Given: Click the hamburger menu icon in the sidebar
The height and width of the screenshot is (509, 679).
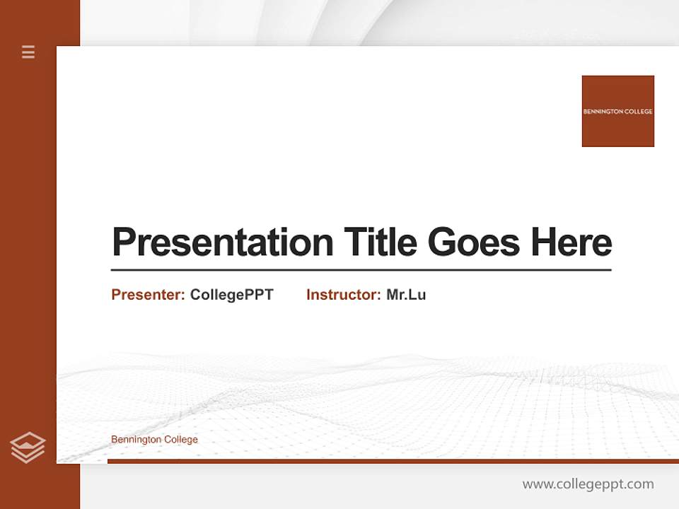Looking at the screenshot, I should pos(28,52).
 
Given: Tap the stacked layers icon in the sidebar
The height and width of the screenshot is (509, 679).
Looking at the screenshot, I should pos(28,447).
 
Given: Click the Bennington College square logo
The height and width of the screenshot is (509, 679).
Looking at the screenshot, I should pos(617,111).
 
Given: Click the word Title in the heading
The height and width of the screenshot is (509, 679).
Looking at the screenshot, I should pos(381,242).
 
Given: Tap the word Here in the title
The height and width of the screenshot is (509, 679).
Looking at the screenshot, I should pos(571,242).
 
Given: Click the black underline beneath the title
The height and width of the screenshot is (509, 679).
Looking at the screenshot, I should pos(361,270).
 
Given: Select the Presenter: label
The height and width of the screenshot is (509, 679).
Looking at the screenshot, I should pos(148,295).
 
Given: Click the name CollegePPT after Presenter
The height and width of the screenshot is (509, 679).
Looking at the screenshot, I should pos(231,295).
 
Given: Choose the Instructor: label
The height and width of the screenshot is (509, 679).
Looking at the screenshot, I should pos(343,295).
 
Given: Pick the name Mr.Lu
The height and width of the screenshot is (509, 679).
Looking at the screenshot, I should pos(406,295).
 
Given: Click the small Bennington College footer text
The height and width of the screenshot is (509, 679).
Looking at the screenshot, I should pos(154,440).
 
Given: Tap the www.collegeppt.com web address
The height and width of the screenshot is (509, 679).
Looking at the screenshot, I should pos(588,484).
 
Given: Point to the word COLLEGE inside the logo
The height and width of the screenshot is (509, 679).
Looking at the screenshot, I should pos(637,112).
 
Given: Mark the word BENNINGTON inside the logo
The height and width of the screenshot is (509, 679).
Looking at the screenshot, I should pos(601,112).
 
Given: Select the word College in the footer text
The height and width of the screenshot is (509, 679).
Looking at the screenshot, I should pos(181,440).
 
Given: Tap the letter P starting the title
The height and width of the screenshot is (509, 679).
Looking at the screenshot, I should pos(123,242).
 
